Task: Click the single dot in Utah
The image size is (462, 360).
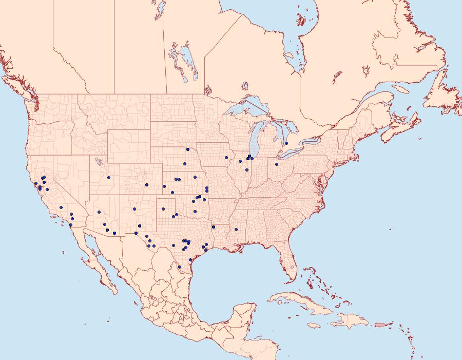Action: pyautogui.click(x=109, y=178)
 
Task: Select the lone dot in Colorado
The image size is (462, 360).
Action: pyautogui.click(x=147, y=185)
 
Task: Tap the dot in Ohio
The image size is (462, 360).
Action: pyautogui.click(x=276, y=164)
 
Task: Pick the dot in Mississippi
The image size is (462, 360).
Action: pyautogui.click(x=236, y=230)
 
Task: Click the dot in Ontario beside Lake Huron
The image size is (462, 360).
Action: pyautogui.click(x=286, y=143)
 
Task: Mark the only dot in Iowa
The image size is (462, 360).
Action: pyautogui.click(x=226, y=158)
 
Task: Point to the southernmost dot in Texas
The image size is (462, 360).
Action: pyautogui.click(x=179, y=267)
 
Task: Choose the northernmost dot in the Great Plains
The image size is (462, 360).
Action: pyautogui.click(x=188, y=149)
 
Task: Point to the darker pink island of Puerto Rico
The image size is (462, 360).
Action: pyautogui.click(x=380, y=324)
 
